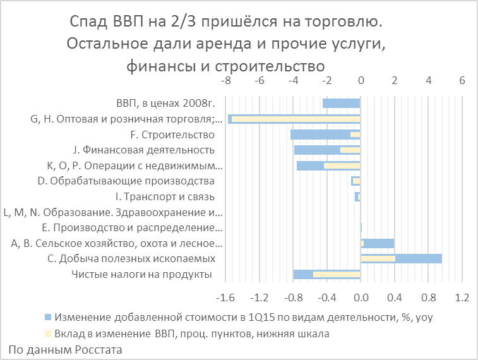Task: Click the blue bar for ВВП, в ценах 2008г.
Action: pos(341,104)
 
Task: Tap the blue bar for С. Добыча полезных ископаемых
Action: pos(418,259)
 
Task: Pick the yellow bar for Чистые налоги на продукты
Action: pos(336,274)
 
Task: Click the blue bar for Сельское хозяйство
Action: pos(379,243)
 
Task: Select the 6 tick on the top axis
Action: pos(462,81)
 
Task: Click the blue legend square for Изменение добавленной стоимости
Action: pos(48,316)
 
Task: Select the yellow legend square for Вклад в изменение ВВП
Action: pos(48,332)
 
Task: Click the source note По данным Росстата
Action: pos(65,349)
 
